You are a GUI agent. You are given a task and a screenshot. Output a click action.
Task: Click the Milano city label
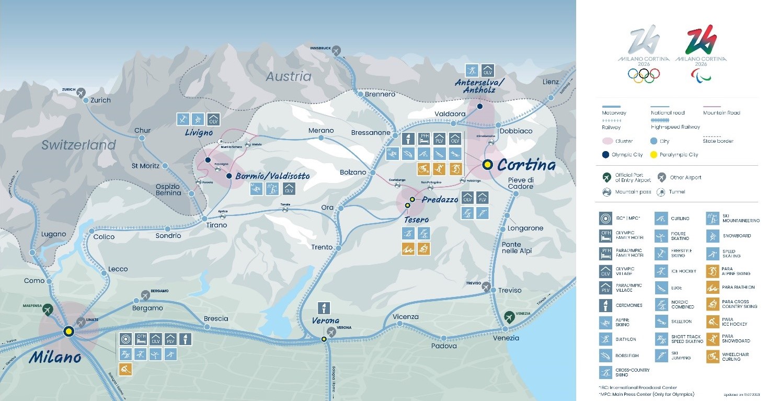(x=55, y=357)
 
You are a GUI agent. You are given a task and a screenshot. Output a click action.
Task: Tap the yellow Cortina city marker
(x=487, y=164)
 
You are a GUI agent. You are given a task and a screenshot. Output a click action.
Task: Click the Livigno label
(x=199, y=133)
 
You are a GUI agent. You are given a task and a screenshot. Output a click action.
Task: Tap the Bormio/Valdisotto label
(x=272, y=176)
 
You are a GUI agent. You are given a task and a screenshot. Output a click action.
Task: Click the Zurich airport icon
(x=81, y=93)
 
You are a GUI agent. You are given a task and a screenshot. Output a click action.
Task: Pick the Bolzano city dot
(x=372, y=172)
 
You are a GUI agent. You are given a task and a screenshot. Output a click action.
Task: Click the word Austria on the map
(x=288, y=77)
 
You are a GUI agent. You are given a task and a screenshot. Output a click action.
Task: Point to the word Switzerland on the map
(x=78, y=145)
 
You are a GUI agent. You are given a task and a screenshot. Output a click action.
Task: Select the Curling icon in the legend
(x=661, y=219)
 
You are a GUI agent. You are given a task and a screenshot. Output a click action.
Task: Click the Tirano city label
(x=216, y=225)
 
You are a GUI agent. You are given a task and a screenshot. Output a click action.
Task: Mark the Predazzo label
(x=440, y=200)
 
